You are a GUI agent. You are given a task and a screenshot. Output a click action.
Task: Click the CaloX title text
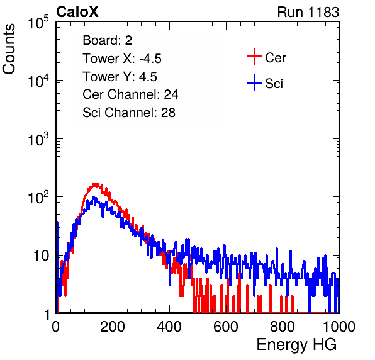pyautogui.click(x=77, y=12)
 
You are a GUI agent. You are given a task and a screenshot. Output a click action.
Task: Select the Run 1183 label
pyautogui.click(x=308, y=12)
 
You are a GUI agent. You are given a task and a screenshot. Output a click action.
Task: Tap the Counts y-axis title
pyautogui.click(x=9, y=49)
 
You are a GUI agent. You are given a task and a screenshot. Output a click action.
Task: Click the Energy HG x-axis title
pyautogui.click(x=296, y=345)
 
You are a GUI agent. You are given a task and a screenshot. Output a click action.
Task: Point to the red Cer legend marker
pyautogui.click(x=254, y=57)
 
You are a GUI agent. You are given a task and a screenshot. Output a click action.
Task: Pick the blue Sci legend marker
pyautogui.click(x=254, y=82)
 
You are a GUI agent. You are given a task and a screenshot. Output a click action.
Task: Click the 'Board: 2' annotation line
pyautogui.click(x=107, y=40)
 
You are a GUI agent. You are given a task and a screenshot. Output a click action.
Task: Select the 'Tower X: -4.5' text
pyautogui.click(x=122, y=59)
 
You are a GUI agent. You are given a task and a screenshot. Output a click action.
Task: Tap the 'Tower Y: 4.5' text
pyautogui.click(x=120, y=77)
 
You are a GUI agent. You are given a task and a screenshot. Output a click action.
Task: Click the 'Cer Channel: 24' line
pyautogui.click(x=130, y=94)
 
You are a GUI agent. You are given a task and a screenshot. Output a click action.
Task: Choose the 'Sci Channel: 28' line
pyautogui.click(x=129, y=113)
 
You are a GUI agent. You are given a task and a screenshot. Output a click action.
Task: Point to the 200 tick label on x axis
pyautogui.click(x=113, y=327)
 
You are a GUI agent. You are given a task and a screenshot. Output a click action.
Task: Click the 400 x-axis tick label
pyautogui.click(x=169, y=327)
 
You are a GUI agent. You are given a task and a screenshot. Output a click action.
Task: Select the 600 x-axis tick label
pyautogui.click(x=226, y=327)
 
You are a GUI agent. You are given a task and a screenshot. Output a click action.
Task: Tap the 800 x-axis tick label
pyautogui.click(x=283, y=327)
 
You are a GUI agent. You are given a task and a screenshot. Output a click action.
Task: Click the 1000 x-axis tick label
pyautogui.click(x=339, y=327)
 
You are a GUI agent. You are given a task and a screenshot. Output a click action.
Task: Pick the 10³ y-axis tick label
pyautogui.click(x=38, y=139)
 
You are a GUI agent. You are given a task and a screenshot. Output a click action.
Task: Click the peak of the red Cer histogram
pyautogui.click(x=96, y=184)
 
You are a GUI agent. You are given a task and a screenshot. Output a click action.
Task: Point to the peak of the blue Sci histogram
pyautogui.click(x=93, y=198)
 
